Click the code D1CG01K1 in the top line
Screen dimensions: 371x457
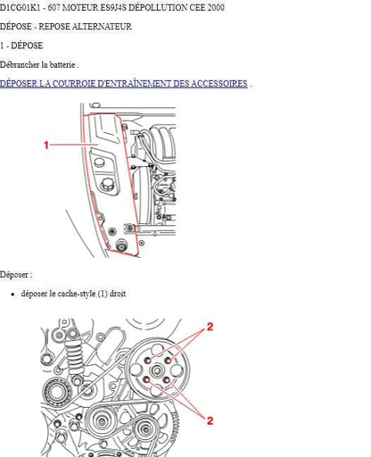point(20,7)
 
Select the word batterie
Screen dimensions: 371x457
point(62,64)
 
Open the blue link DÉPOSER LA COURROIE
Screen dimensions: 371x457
point(124,84)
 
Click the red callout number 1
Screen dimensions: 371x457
point(46,145)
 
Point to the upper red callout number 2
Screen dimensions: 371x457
point(210,327)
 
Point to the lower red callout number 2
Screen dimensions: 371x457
point(210,420)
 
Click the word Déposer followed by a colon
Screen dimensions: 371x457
point(16,274)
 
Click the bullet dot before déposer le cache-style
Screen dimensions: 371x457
point(12,295)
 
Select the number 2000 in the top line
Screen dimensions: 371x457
point(216,7)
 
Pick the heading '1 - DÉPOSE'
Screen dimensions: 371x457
point(21,46)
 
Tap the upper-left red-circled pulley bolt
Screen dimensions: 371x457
point(148,361)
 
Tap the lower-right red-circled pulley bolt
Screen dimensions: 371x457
point(167,380)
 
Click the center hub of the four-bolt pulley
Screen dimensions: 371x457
point(157,370)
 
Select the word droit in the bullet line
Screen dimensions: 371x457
point(118,294)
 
